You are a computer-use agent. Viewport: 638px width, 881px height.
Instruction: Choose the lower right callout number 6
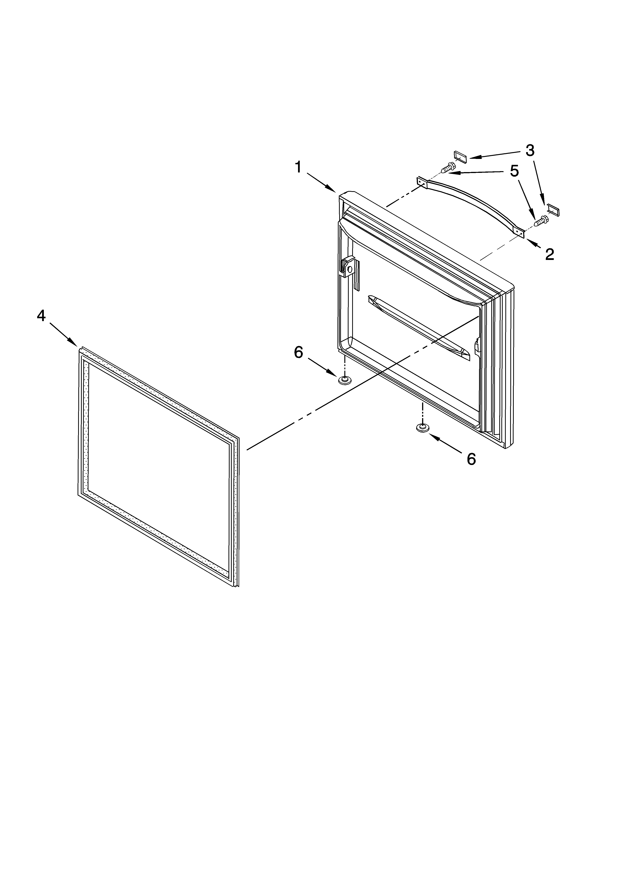[x=471, y=459]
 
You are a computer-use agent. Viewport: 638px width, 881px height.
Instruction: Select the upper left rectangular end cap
[x=460, y=155]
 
